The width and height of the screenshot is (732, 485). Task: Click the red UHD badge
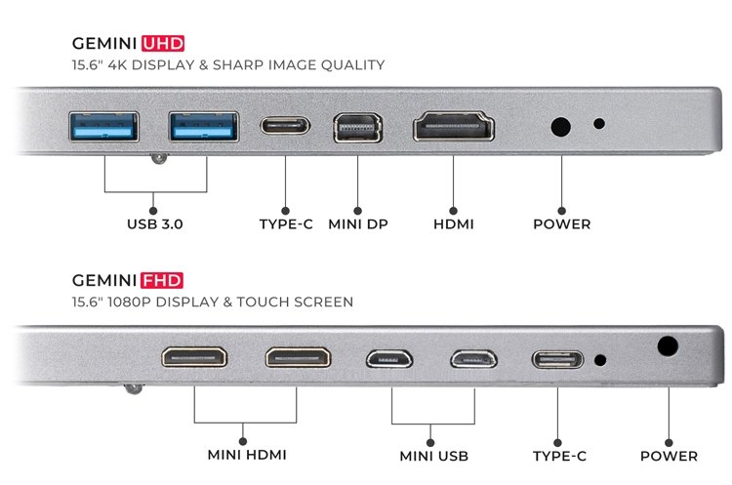(x=163, y=43)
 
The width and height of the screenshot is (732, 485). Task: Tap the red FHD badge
(x=161, y=280)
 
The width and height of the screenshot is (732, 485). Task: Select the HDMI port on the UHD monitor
(x=454, y=126)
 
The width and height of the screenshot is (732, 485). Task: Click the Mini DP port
(x=358, y=128)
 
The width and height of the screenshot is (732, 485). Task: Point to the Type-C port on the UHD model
(x=285, y=126)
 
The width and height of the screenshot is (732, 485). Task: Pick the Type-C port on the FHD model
(x=557, y=360)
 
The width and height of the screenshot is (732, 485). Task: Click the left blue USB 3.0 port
(x=103, y=127)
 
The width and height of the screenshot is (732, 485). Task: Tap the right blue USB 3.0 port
(x=204, y=127)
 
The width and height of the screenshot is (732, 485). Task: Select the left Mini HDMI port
(x=194, y=357)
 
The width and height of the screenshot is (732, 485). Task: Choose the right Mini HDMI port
(x=298, y=358)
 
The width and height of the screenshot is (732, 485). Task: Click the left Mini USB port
(x=389, y=359)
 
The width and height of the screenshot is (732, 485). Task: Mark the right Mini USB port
(x=473, y=359)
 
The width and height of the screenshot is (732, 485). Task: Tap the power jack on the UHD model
(x=560, y=127)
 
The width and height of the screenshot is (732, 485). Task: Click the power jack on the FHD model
(x=668, y=346)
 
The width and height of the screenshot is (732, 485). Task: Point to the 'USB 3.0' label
(x=155, y=224)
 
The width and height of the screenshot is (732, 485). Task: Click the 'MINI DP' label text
(x=358, y=224)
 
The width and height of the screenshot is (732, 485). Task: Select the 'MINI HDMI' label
(x=247, y=455)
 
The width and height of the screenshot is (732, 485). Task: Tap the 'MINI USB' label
(x=434, y=456)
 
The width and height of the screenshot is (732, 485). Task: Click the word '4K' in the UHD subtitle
(x=117, y=64)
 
